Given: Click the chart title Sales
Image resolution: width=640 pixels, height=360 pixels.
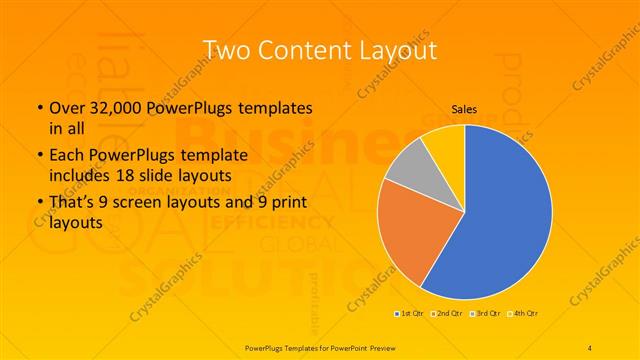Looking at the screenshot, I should click(463, 110).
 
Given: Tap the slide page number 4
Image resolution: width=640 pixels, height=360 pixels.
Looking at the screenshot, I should click(590, 347).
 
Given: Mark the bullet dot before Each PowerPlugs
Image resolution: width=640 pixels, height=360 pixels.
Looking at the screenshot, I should click(39, 155).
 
